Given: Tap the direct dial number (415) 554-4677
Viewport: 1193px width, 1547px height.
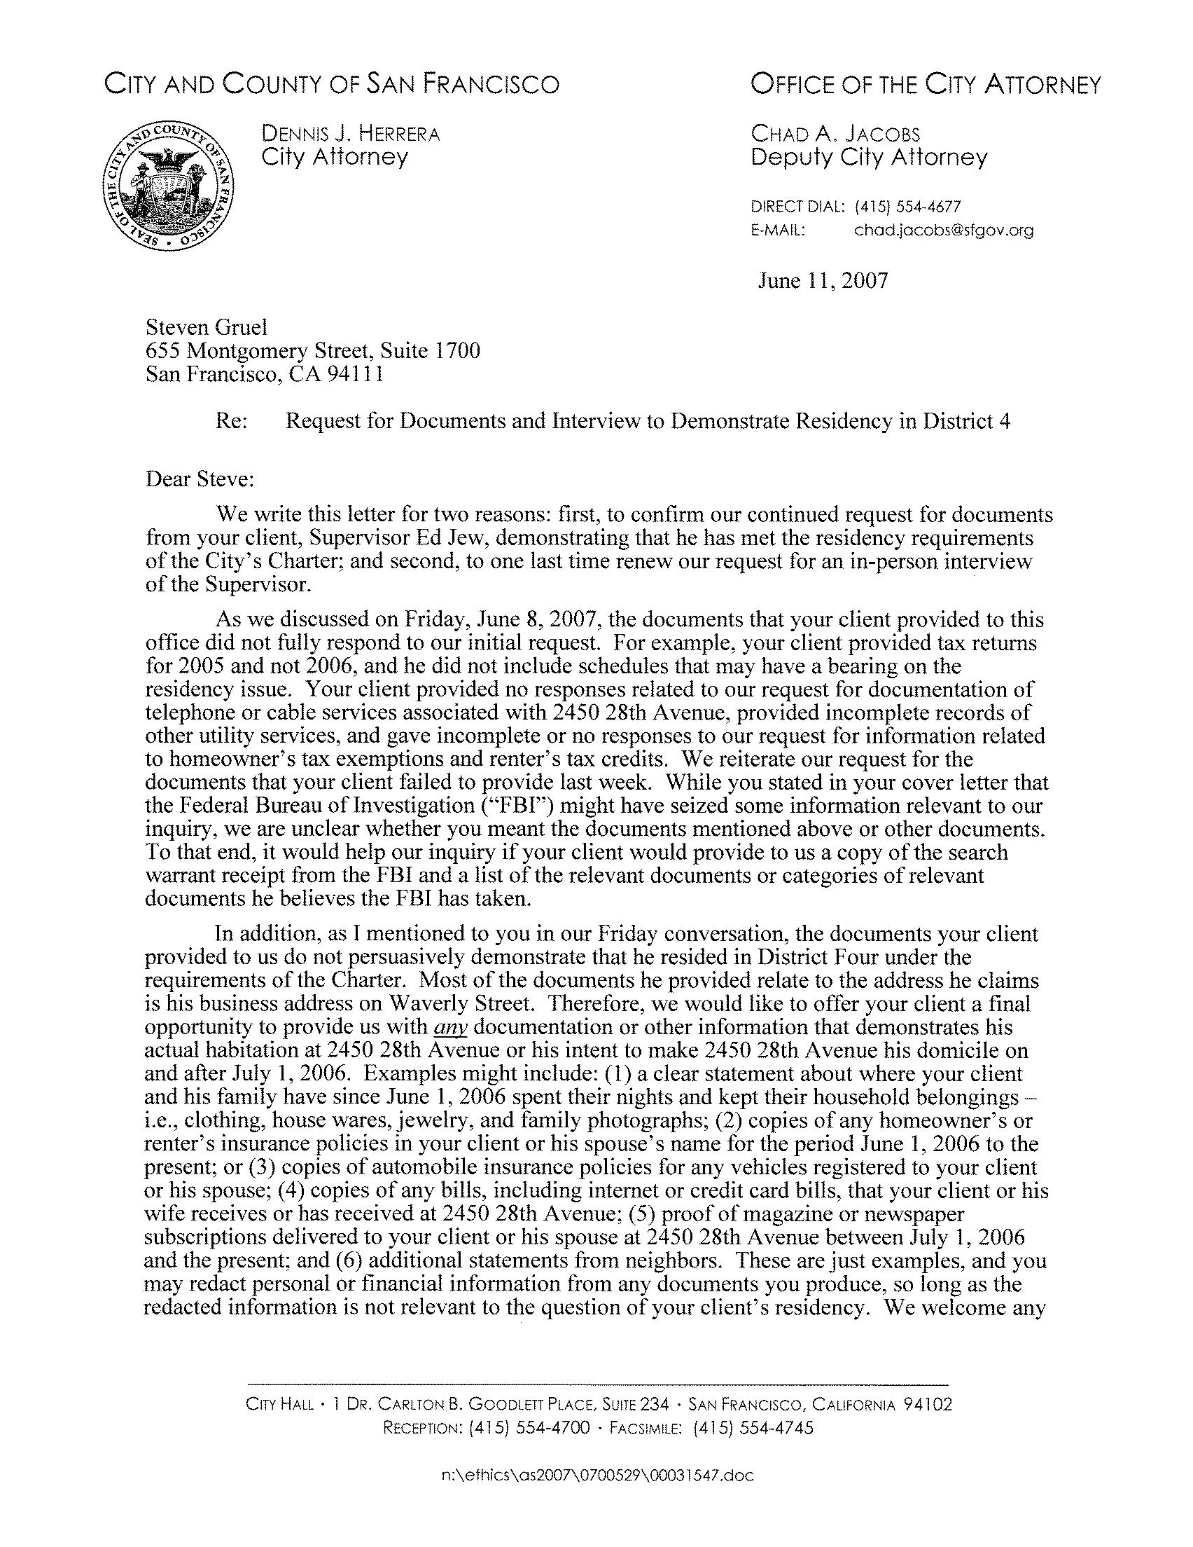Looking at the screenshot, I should pyautogui.click(x=907, y=207).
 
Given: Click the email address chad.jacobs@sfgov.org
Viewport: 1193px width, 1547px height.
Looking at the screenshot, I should pyautogui.click(x=943, y=231).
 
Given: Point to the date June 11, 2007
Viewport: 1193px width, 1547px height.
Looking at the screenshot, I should pyautogui.click(x=822, y=281).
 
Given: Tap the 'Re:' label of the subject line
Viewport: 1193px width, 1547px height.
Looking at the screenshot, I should pyautogui.click(x=231, y=422).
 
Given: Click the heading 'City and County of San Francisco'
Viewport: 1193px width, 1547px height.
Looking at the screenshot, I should pyautogui.click(x=331, y=85).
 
